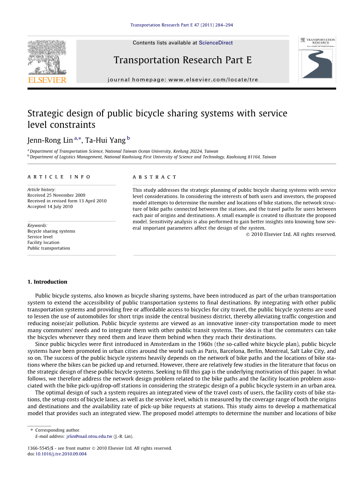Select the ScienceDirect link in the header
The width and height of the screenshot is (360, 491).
216,43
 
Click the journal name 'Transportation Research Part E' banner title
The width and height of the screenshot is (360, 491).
183,60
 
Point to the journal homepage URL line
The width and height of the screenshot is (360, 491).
183,79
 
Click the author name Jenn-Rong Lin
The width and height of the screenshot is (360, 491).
50,140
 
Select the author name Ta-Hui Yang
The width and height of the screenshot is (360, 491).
105,140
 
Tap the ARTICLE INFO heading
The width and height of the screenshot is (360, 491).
59,177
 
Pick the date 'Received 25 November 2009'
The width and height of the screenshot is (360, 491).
56,196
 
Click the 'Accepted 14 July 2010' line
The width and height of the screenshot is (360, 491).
50,207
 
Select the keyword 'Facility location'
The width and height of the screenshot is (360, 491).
43,242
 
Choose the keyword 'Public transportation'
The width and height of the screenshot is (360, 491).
49,248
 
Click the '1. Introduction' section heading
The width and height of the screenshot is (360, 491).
47,282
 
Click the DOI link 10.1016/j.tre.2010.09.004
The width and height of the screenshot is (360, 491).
61,454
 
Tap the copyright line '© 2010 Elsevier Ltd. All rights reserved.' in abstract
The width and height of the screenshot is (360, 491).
291,234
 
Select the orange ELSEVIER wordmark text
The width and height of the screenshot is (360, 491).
47,79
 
